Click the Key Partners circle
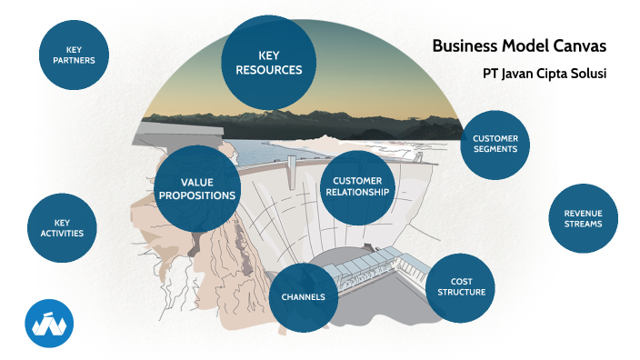(x=75, y=55)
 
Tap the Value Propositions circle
(x=197, y=188)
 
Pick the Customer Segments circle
(x=495, y=144)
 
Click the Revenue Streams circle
(x=583, y=219)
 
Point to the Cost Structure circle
(x=461, y=287)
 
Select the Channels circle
(x=304, y=297)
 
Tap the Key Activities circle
(x=62, y=227)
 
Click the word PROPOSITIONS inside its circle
(x=197, y=195)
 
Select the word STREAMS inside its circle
(x=583, y=224)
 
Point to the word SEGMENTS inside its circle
(x=495, y=149)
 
